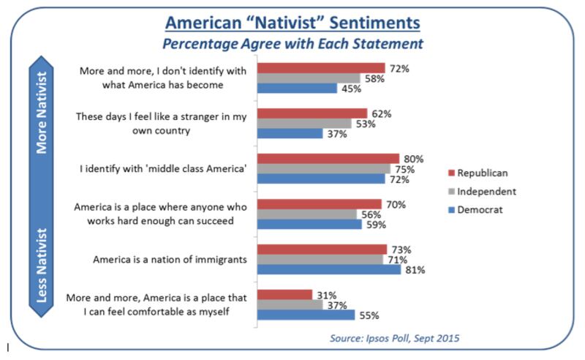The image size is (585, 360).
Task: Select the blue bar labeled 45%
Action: tap(295, 88)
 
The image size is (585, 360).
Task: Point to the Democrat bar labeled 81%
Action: tap(328, 269)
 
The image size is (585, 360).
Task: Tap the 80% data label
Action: tap(414, 158)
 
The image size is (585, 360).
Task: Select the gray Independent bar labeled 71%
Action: tap(320, 259)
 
